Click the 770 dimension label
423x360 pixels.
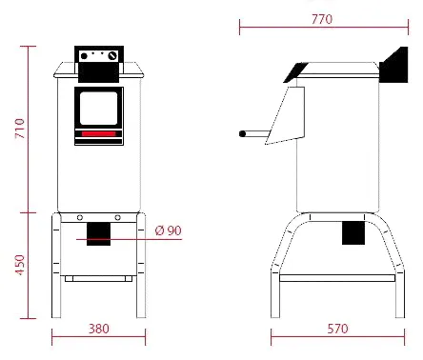click(x=322, y=19)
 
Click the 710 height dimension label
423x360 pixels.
click(x=20, y=129)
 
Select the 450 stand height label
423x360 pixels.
click(x=20, y=265)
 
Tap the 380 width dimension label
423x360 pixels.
click(x=99, y=329)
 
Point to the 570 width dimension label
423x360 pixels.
click(x=337, y=329)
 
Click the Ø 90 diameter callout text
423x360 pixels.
click(x=169, y=230)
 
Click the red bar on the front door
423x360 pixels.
click(x=98, y=134)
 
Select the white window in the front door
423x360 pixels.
click(x=98, y=109)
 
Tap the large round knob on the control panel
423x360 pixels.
click(x=112, y=56)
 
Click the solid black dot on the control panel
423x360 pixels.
click(x=84, y=56)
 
